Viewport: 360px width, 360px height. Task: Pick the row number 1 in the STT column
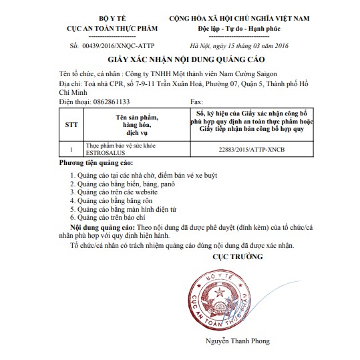click(71, 149)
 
